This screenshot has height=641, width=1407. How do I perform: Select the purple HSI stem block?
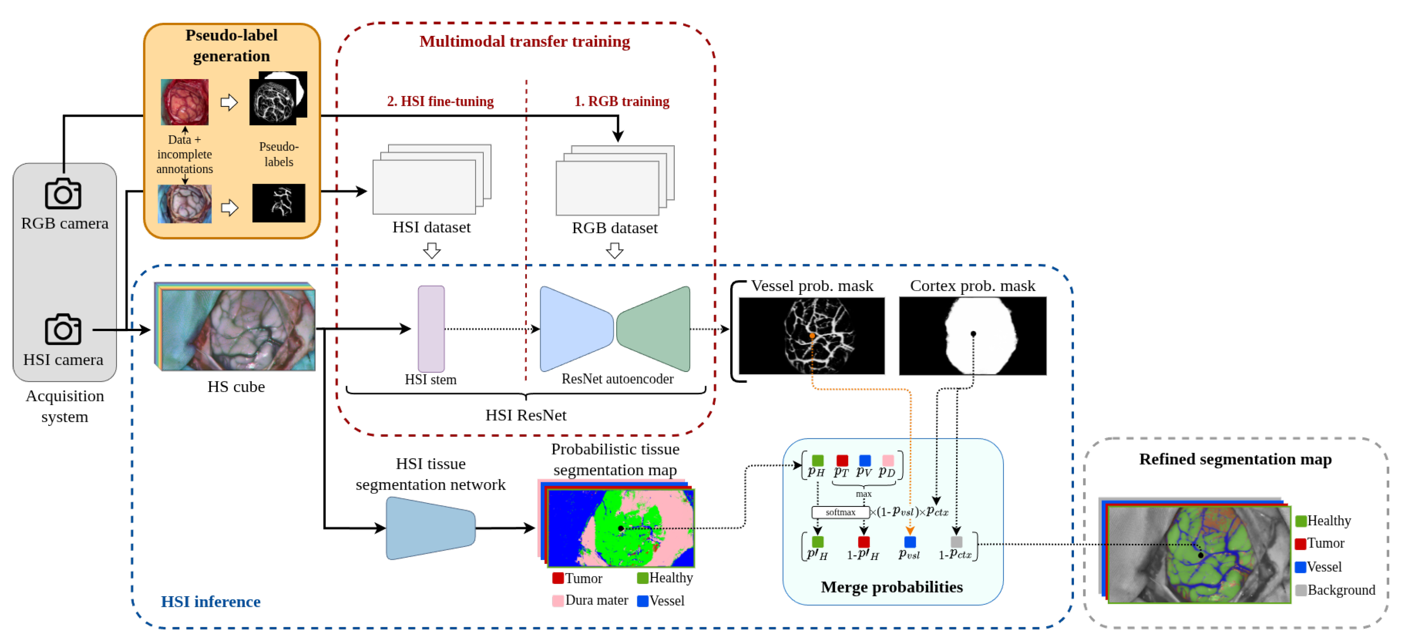tap(431, 329)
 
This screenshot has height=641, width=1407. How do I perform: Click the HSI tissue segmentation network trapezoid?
tap(430, 528)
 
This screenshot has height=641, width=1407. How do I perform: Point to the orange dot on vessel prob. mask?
tap(812, 336)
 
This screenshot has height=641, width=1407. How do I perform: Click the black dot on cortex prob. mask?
tap(973, 333)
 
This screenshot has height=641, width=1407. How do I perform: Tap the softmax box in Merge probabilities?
tap(840, 512)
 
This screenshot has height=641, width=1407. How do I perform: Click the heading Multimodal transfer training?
tap(524, 42)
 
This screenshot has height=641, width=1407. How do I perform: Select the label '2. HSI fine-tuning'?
tap(440, 101)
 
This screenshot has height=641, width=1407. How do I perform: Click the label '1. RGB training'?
tap(622, 101)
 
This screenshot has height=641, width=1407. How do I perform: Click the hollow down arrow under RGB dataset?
tap(615, 251)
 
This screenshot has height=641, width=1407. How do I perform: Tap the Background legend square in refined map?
tap(1300, 590)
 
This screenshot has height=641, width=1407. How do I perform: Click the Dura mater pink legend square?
tap(558, 600)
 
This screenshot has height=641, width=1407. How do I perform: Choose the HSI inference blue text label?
tap(210, 602)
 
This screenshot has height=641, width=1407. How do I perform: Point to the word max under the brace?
tap(864, 494)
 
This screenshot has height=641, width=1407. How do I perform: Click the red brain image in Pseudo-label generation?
tap(184, 102)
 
